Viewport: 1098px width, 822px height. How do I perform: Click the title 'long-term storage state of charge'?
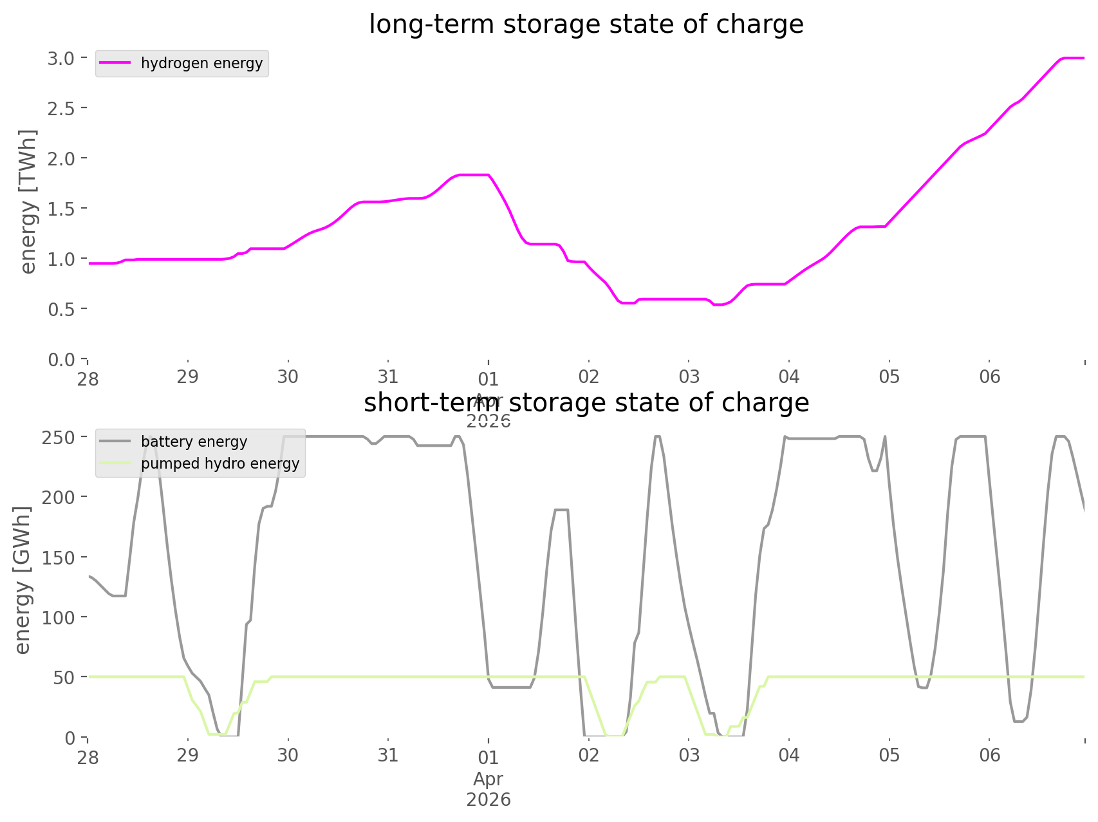click(586, 24)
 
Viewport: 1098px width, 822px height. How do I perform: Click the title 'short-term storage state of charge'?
click(586, 403)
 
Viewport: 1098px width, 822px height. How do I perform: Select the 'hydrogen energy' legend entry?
click(201, 63)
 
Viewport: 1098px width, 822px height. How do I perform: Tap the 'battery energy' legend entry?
click(194, 442)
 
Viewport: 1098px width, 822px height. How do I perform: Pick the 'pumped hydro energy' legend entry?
click(220, 463)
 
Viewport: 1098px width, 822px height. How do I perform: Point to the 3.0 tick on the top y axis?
click(61, 58)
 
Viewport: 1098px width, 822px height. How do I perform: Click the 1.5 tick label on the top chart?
click(61, 209)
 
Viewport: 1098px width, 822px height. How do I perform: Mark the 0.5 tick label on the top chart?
click(61, 309)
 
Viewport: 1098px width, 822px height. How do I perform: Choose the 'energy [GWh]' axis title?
click(23, 580)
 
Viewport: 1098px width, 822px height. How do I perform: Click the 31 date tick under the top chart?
click(388, 377)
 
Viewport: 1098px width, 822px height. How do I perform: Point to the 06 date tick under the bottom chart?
click(990, 755)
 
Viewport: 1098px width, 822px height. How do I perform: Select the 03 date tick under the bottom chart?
click(689, 755)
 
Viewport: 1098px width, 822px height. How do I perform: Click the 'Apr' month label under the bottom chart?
click(489, 779)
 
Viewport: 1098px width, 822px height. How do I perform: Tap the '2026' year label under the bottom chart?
click(489, 800)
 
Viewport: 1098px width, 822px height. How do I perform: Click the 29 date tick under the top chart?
click(188, 377)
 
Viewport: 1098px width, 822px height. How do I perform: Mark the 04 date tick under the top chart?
click(789, 377)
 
